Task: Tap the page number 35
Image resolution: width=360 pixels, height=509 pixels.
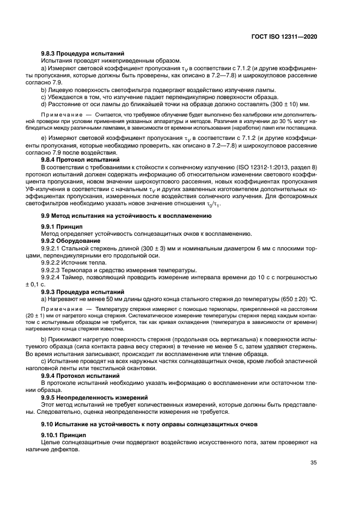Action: click(x=312, y=463)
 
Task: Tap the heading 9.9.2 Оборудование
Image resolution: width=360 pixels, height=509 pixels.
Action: click(x=70, y=240)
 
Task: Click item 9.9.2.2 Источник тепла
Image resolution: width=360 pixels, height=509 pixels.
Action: click(x=75, y=262)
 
